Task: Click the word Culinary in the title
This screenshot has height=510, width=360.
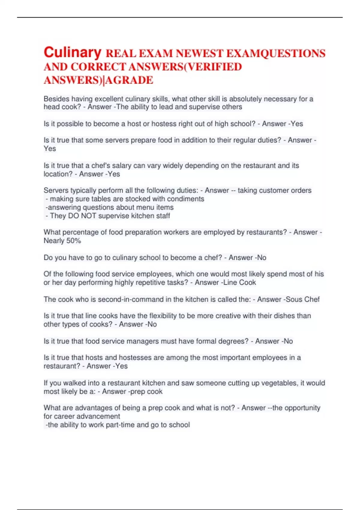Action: [73, 52]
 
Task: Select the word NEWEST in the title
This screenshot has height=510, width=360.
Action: [199, 53]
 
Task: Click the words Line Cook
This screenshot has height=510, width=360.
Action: [241, 282]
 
